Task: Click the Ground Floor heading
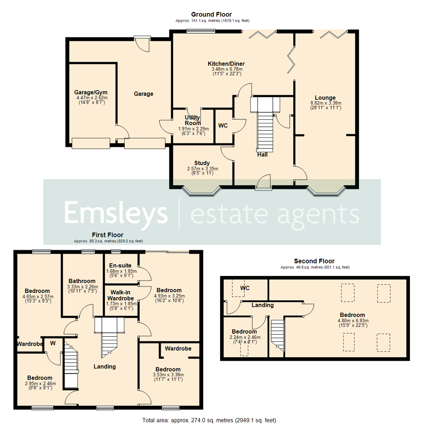click(212, 15)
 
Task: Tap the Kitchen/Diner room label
click(223, 64)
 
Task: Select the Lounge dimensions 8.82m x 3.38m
click(325, 103)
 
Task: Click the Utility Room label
click(192, 120)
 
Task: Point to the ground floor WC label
click(223, 126)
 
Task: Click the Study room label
click(202, 163)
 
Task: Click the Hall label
click(262, 154)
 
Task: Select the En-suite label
click(121, 265)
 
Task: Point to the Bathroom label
click(82, 281)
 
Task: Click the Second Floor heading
click(314, 261)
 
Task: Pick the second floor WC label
click(245, 288)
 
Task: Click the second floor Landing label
click(262, 305)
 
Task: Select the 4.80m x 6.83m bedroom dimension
click(353, 320)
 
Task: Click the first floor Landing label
click(105, 366)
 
